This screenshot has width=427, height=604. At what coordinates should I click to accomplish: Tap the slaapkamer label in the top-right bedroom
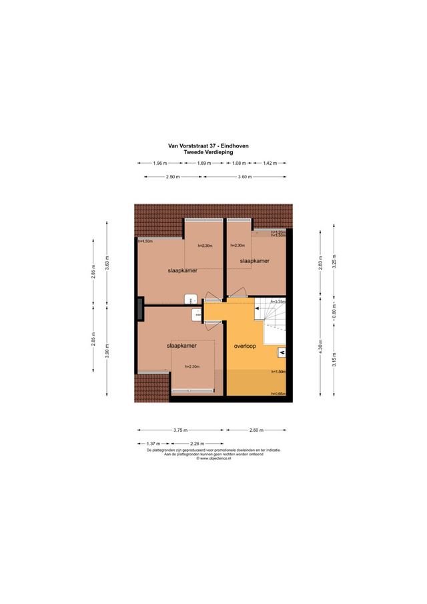(x=254, y=262)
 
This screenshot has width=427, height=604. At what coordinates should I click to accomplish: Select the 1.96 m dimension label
(x=159, y=163)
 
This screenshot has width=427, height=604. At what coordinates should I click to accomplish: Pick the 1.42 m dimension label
(x=270, y=163)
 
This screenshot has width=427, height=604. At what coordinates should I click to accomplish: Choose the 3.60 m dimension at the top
(x=245, y=176)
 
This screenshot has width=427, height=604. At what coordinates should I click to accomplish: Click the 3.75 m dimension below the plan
(x=179, y=430)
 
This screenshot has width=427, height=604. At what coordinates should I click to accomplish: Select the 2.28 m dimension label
(x=197, y=444)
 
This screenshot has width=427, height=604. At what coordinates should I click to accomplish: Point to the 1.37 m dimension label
(x=153, y=444)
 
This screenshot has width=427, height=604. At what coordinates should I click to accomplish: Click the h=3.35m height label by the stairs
(x=278, y=302)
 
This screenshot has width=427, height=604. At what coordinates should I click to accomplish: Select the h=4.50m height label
(x=145, y=241)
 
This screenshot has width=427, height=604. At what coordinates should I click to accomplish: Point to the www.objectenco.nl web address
(x=213, y=459)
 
